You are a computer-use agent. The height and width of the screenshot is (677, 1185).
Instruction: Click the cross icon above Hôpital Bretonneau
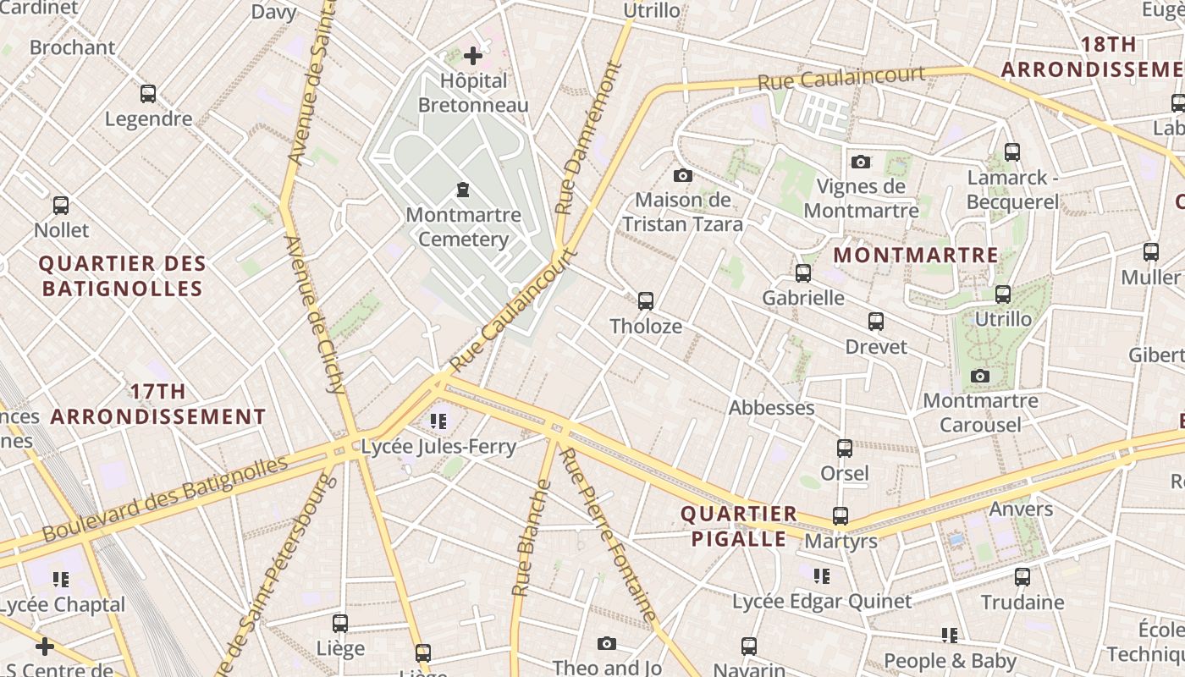[x=473, y=57]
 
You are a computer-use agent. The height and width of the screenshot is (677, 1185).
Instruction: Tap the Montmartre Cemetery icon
[x=463, y=189]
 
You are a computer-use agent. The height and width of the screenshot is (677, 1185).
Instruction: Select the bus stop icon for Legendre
[x=148, y=94]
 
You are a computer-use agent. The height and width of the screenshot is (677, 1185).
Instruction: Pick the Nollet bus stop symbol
[x=61, y=205]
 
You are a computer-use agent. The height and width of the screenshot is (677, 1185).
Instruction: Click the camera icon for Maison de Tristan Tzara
[x=682, y=176]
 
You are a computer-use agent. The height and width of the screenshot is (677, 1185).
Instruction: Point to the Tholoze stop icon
[x=646, y=300]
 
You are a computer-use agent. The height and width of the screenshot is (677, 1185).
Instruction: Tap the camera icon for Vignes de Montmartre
[x=861, y=162]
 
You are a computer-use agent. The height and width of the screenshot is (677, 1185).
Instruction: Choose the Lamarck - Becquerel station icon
[x=1012, y=152]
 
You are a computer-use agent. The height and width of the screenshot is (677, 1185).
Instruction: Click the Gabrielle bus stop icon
[x=803, y=273]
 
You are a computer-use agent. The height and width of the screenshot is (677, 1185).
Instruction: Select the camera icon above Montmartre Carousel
[x=980, y=376]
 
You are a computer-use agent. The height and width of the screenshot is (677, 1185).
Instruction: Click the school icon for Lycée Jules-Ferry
[x=438, y=421]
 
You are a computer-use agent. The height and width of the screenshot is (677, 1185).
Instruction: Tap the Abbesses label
[x=771, y=408]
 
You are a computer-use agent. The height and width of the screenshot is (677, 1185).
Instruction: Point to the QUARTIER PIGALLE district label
[x=739, y=526]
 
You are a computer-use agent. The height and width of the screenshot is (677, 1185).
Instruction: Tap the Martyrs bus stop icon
[x=841, y=515]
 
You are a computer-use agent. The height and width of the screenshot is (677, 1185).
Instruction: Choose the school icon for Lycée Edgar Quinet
[x=821, y=576]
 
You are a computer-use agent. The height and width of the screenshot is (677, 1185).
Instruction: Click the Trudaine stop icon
[x=1022, y=577]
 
